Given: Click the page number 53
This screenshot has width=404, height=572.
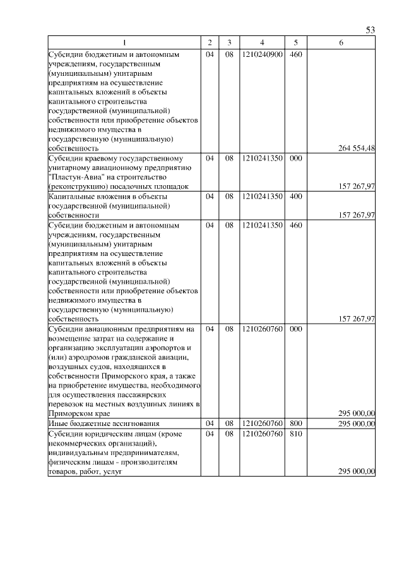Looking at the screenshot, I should coord(371,30).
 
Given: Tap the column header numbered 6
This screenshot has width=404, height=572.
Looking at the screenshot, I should coord(341,42).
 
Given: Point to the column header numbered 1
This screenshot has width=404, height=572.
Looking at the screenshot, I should coord(124,42).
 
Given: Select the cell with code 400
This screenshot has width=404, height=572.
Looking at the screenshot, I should coord(295,197).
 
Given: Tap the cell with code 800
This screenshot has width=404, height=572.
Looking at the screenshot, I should coord(295,423).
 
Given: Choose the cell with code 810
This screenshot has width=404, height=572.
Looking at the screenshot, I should coord(295,434).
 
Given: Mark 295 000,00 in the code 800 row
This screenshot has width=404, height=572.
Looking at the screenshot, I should coord(357,423).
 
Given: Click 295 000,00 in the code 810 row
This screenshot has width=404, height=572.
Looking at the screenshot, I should coord(357,472).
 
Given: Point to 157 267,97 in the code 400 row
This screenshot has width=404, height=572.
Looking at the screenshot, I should coord(357,215).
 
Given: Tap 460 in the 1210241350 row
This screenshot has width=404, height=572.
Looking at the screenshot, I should coord(295,224).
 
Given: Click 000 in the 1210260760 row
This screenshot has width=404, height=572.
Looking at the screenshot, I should coord(295,329).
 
